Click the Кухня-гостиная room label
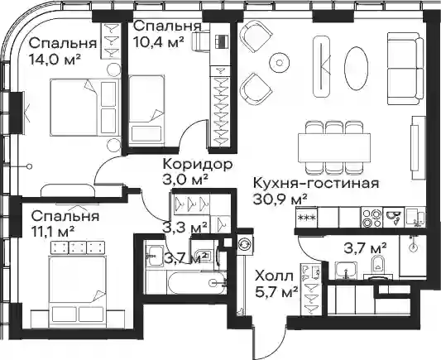click(x=316, y=183)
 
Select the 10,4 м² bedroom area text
click(x=159, y=42)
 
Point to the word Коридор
click(x=198, y=164)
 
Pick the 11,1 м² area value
click(x=53, y=233)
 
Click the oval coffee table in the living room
click(x=356, y=68)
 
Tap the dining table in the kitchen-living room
click(x=334, y=147)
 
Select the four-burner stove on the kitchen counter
click(x=371, y=217)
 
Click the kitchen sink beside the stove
click(x=394, y=217)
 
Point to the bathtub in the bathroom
click(x=185, y=282)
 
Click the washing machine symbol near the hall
click(x=242, y=244)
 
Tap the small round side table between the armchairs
click(x=280, y=63)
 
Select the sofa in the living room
click(x=405, y=69)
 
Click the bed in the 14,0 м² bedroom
click(x=84, y=107)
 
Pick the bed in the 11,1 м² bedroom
click(x=78, y=291)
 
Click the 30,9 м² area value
click(x=280, y=199)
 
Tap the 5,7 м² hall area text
click(x=276, y=292)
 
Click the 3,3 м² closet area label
click(x=185, y=227)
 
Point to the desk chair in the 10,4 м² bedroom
click(x=201, y=41)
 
